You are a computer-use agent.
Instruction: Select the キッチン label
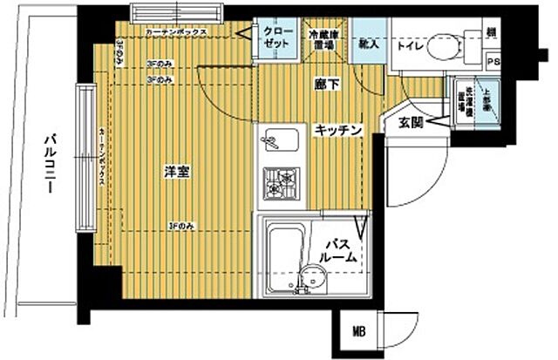click(x=337, y=129)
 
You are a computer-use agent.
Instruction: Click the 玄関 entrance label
click(x=411, y=124)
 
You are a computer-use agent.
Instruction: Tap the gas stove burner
click(x=281, y=183)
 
